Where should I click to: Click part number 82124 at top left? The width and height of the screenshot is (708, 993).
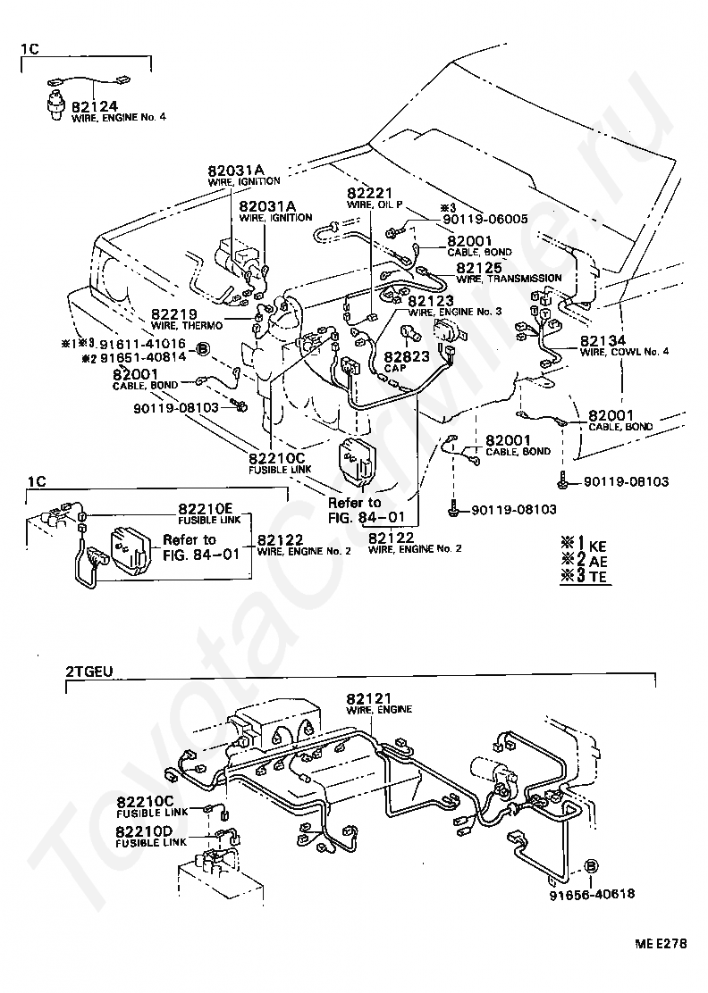click(94, 105)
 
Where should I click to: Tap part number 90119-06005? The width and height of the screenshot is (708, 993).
click(482, 219)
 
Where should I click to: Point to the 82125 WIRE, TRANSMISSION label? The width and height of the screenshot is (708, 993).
click(509, 272)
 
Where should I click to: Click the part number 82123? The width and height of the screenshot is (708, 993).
click(430, 301)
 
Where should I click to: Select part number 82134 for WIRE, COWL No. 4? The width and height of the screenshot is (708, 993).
click(603, 341)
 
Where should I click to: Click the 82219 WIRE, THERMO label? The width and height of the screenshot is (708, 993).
click(187, 319)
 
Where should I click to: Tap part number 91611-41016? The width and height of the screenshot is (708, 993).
click(142, 344)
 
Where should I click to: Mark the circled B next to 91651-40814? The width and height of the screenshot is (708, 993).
click(201, 349)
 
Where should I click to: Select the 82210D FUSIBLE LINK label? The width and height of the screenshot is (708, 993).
click(151, 836)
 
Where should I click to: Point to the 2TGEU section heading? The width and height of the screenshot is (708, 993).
click(88, 671)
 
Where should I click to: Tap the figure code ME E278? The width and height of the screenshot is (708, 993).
click(661, 943)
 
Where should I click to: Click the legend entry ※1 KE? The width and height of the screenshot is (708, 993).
click(583, 544)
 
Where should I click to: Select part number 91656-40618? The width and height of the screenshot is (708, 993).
click(592, 894)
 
